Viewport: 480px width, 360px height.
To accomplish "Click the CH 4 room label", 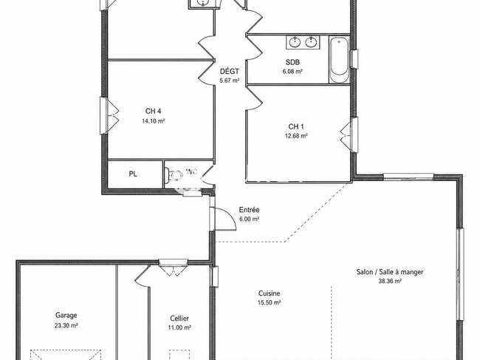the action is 153,111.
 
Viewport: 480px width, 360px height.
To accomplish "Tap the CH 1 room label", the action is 296,126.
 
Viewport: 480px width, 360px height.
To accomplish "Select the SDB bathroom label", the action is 292,62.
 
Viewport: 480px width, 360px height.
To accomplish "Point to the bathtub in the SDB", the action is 339,60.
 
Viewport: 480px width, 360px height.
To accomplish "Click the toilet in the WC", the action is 174,175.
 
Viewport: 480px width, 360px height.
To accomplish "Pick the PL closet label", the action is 133,174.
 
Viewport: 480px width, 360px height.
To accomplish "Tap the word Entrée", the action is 249,210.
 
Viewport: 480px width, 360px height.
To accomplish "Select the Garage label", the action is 66,315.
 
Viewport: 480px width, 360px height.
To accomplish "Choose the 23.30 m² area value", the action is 66,325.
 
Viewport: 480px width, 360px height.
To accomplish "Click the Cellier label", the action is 179,319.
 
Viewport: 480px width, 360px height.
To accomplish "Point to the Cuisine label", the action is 269,293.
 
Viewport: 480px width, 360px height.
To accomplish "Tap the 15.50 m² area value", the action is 270,302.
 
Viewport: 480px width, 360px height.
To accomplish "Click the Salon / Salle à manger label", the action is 390,272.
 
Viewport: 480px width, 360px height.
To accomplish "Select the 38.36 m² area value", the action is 390,281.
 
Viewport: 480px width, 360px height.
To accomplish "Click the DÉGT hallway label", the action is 230,72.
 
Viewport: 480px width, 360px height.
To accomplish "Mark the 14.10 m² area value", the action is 154,121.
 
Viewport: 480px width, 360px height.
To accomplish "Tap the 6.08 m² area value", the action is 292,72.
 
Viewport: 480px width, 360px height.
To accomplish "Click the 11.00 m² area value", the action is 179,327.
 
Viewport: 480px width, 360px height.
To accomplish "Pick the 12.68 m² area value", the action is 296,136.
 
